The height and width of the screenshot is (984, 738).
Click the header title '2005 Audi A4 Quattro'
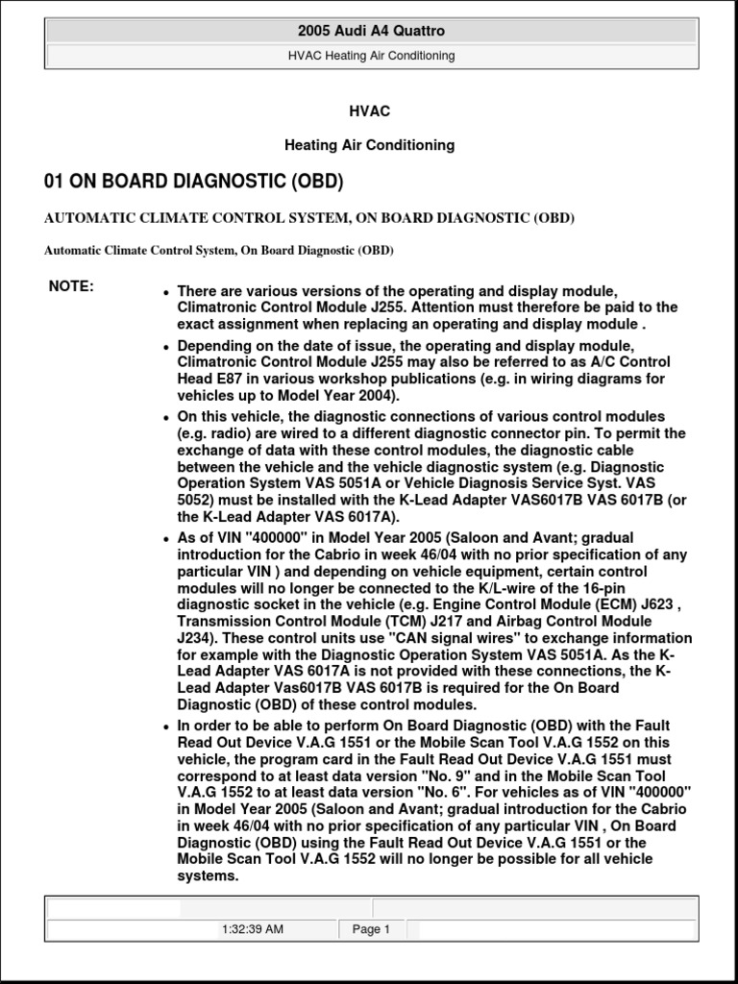coord(371,31)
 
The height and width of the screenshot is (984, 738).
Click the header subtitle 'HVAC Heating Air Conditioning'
coord(371,56)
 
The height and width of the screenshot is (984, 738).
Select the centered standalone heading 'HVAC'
coord(370,111)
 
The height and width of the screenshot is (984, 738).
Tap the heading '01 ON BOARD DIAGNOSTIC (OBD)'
coord(194,182)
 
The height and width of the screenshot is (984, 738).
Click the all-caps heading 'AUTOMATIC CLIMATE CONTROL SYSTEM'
coord(309,218)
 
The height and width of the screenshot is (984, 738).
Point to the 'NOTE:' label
coord(71,286)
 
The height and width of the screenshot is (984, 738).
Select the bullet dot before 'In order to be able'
coord(166,726)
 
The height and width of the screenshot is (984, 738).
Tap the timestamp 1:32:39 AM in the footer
coord(252,929)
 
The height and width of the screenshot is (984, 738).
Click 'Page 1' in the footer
coord(371,929)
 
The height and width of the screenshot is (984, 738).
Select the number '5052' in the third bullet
coord(195,501)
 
